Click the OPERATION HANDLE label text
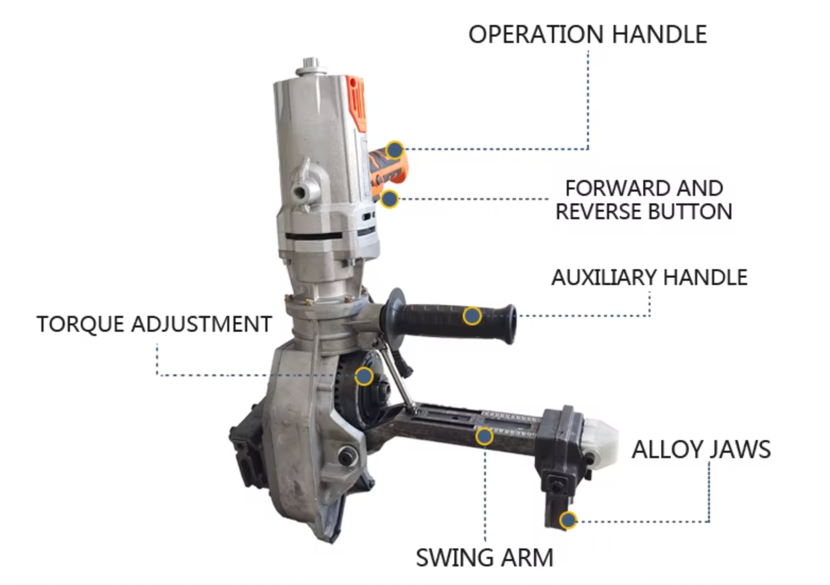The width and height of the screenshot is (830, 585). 587,35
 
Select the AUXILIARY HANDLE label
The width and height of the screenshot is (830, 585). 649,278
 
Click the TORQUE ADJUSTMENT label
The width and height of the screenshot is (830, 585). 154,324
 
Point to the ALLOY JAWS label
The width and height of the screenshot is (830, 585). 701,450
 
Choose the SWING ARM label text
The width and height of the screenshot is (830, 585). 484,558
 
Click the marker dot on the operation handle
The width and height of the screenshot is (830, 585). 394,150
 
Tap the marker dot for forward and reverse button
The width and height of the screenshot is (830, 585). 390,199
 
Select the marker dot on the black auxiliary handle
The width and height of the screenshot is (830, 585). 472,316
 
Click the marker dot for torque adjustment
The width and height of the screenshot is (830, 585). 364,376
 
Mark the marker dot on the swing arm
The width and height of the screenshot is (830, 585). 484,437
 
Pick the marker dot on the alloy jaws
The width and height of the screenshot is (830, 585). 568,520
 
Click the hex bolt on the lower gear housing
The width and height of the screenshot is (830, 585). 348,455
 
